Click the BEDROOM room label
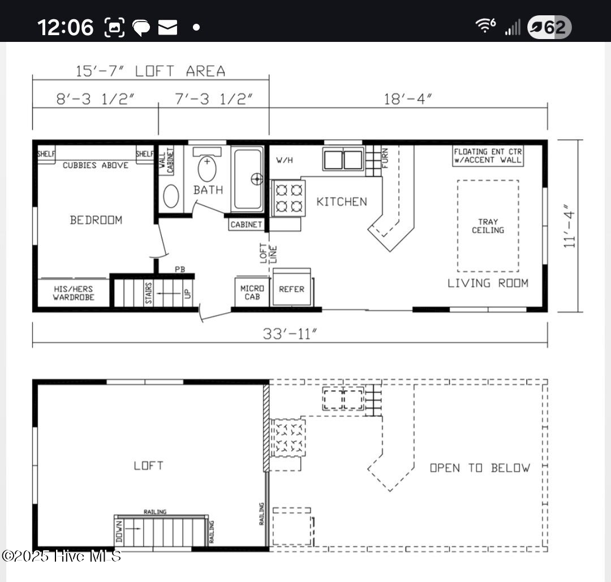[x=96, y=220]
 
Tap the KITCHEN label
[x=341, y=202]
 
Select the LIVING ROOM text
[x=488, y=283]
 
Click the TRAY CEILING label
[x=488, y=226]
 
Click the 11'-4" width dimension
[x=570, y=226]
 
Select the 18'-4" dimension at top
[x=408, y=99]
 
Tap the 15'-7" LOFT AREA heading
[x=150, y=71]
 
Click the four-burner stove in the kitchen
[x=289, y=198]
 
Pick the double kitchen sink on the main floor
[x=343, y=159]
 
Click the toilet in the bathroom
[x=207, y=169]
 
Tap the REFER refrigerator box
[x=292, y=289]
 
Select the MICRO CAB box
[x=252, y=292]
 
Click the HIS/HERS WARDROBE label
[x=74, y=293]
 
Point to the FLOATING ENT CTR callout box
[x=488, y=156]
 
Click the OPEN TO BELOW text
[x=480, y=468]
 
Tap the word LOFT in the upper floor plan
[x=148, y=465]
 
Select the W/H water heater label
[x=284, y=160]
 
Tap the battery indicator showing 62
[x=549, y=27]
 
